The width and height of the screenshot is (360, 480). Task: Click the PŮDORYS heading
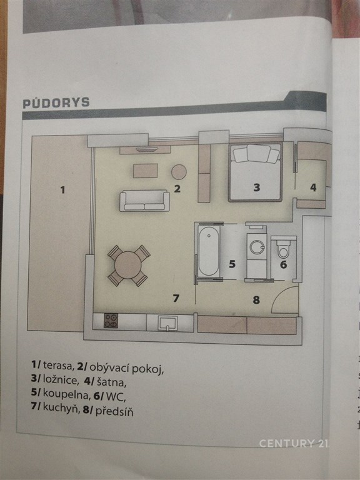(56, 103)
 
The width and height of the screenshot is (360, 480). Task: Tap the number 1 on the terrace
(62, 190)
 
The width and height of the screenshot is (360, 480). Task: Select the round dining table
(128, 265)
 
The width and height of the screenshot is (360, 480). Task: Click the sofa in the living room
(144, 201)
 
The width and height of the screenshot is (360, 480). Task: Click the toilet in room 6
(283, 249)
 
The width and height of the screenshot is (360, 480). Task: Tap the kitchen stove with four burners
(111, 321)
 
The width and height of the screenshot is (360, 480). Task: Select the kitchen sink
(167, 323)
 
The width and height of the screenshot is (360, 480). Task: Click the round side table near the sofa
(179, 172)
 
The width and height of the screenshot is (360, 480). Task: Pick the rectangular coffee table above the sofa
(146, 171)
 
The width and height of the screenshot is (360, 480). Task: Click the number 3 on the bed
(256, 187)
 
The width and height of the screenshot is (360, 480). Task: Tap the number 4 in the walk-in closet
(313, 187)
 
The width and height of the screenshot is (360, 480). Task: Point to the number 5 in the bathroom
(232, 264)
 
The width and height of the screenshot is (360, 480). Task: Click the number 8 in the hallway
(256, 300)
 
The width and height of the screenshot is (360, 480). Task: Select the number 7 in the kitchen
(176, 298)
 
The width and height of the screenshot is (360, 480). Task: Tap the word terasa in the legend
(58, 365)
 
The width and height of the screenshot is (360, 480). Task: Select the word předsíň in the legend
(114, 411)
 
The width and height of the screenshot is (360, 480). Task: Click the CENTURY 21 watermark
(293, 443)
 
